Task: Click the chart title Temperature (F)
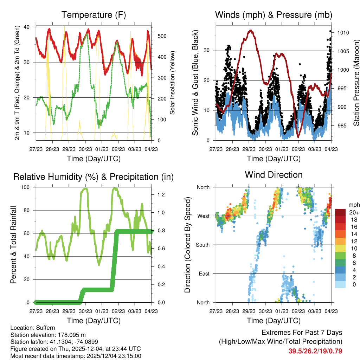point(94,15)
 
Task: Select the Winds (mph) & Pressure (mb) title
point(274,15)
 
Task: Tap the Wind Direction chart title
point(274,175)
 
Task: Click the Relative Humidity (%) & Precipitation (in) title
point(94,176)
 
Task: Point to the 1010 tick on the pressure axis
point(343,33)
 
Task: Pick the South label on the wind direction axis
point(203,245)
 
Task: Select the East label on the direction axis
point(204,274)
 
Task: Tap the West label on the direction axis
point(204,216)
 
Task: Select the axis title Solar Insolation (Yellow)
point(173,83)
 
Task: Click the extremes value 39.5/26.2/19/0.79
point(315,351)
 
